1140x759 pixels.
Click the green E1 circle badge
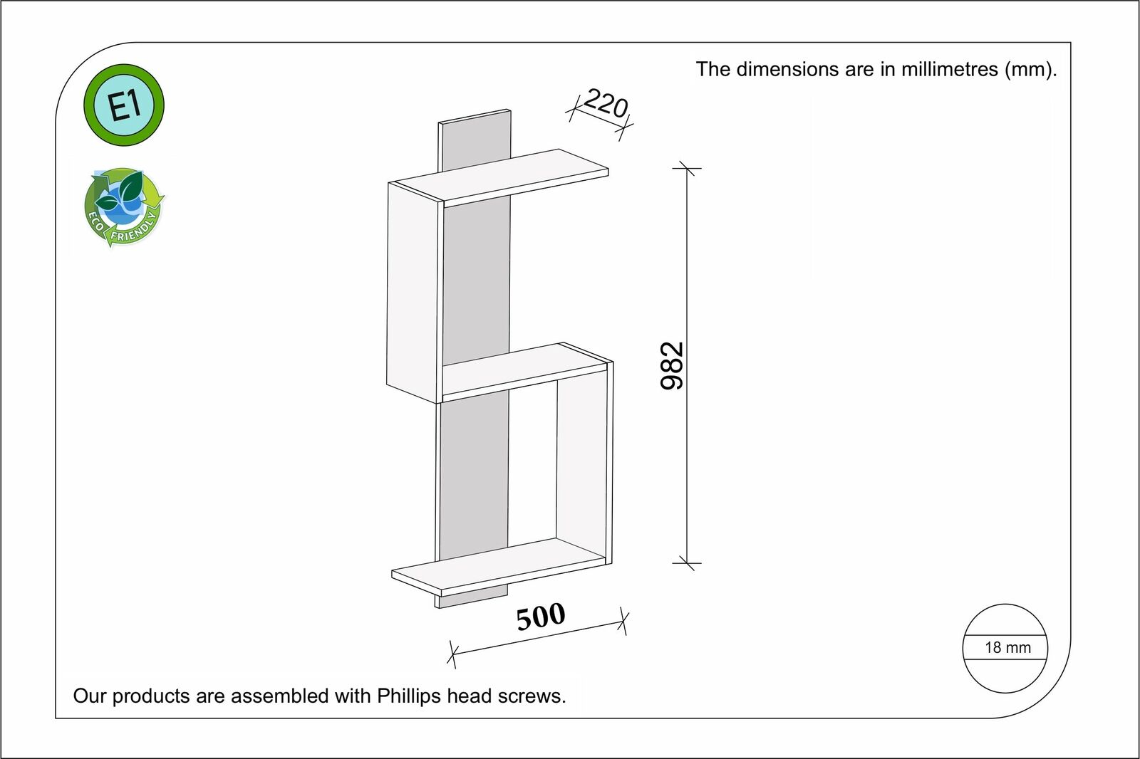124,105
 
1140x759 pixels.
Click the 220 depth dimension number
605,104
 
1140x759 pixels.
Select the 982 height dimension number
672,365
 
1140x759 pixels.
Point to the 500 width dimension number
541,617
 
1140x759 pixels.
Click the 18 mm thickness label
1007,647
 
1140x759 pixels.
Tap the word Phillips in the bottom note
409,696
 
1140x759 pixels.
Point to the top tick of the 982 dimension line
687,169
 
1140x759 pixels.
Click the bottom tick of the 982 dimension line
687,563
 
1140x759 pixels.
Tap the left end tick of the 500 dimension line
452,654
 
